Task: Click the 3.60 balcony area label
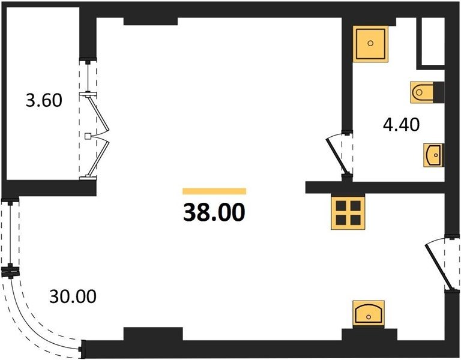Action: coord(44,100)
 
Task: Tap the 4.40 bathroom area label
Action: coord(402,124)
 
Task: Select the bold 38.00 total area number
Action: coord(214,212)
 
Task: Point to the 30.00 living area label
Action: coord(73,296)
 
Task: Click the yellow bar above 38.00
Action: coord(214,191)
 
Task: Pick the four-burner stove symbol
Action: coord(348,212)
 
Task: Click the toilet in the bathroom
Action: coord(422,92)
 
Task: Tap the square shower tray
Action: coord(370,44)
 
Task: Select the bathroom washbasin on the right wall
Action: coord(433,155)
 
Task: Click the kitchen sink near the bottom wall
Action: coord(369,314)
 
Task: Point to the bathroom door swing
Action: coord(338,155)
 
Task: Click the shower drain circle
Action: coord(370,43)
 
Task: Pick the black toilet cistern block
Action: coord(439,92)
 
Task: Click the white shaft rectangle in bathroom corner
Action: coord(433,41)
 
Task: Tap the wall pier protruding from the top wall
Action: coord(151,21)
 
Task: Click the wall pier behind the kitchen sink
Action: coord(369,334)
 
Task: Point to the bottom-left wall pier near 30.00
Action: coord(153,334)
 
